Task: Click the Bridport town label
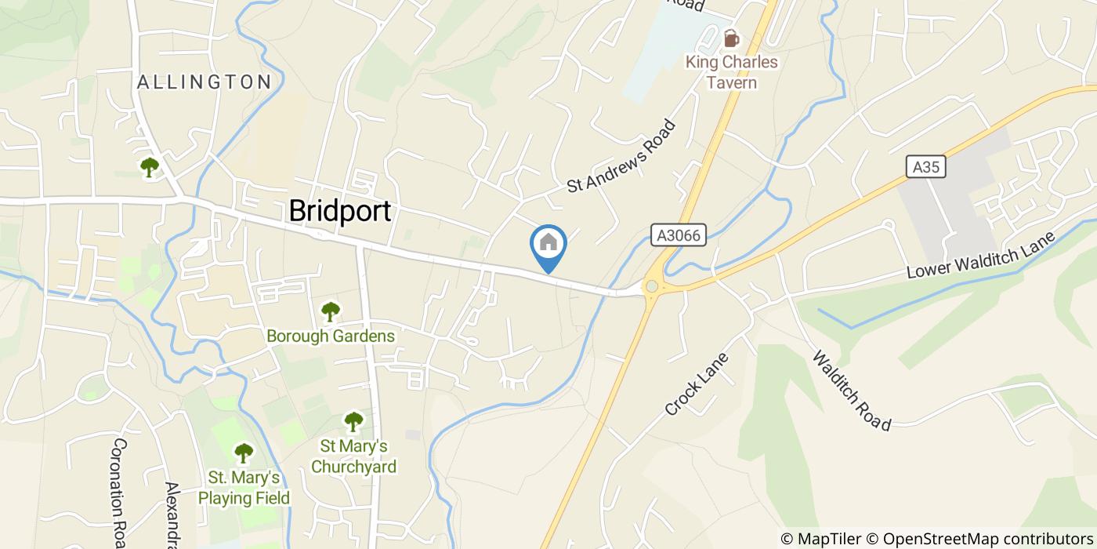(339, 211)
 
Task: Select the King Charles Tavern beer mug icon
(731, 38)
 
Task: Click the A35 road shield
(926, 166)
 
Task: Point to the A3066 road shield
(679, 235)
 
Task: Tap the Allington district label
(205, 82)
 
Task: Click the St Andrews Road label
(621, 155)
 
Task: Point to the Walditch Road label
(852, 391)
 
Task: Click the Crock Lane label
(697, 384)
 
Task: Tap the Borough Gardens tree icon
(331, 311)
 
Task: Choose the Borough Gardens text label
(331, 336)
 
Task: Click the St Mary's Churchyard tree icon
(354, 421)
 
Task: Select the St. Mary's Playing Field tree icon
(244, 453)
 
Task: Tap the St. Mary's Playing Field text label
(244, 487)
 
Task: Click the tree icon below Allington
(149, 166)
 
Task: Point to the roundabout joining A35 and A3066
(650, 287)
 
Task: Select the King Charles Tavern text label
(731, 71)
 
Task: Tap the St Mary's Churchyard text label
(353, 456)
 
